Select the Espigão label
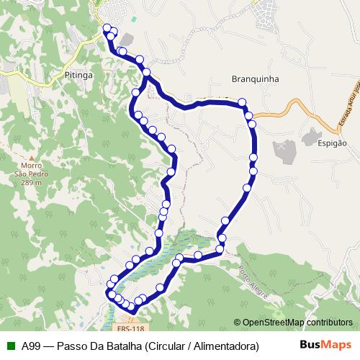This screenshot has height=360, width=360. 331,143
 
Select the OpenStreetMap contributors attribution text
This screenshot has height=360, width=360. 297,322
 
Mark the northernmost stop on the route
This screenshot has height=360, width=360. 108,29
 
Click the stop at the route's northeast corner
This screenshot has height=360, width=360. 242,103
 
